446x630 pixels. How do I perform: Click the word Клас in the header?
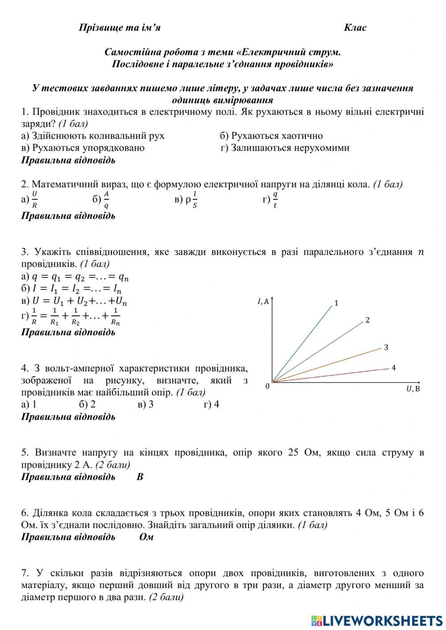click(x=355, y=28)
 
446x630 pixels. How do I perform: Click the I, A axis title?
click(x=263, y=302)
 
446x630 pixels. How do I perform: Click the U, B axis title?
click(x=413, y=389)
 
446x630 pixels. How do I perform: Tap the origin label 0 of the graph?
click(x=267, y=386)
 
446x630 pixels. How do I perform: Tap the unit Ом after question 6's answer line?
click(x=146, y=537)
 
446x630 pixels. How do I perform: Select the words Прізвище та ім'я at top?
click(x=120, y=28)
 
